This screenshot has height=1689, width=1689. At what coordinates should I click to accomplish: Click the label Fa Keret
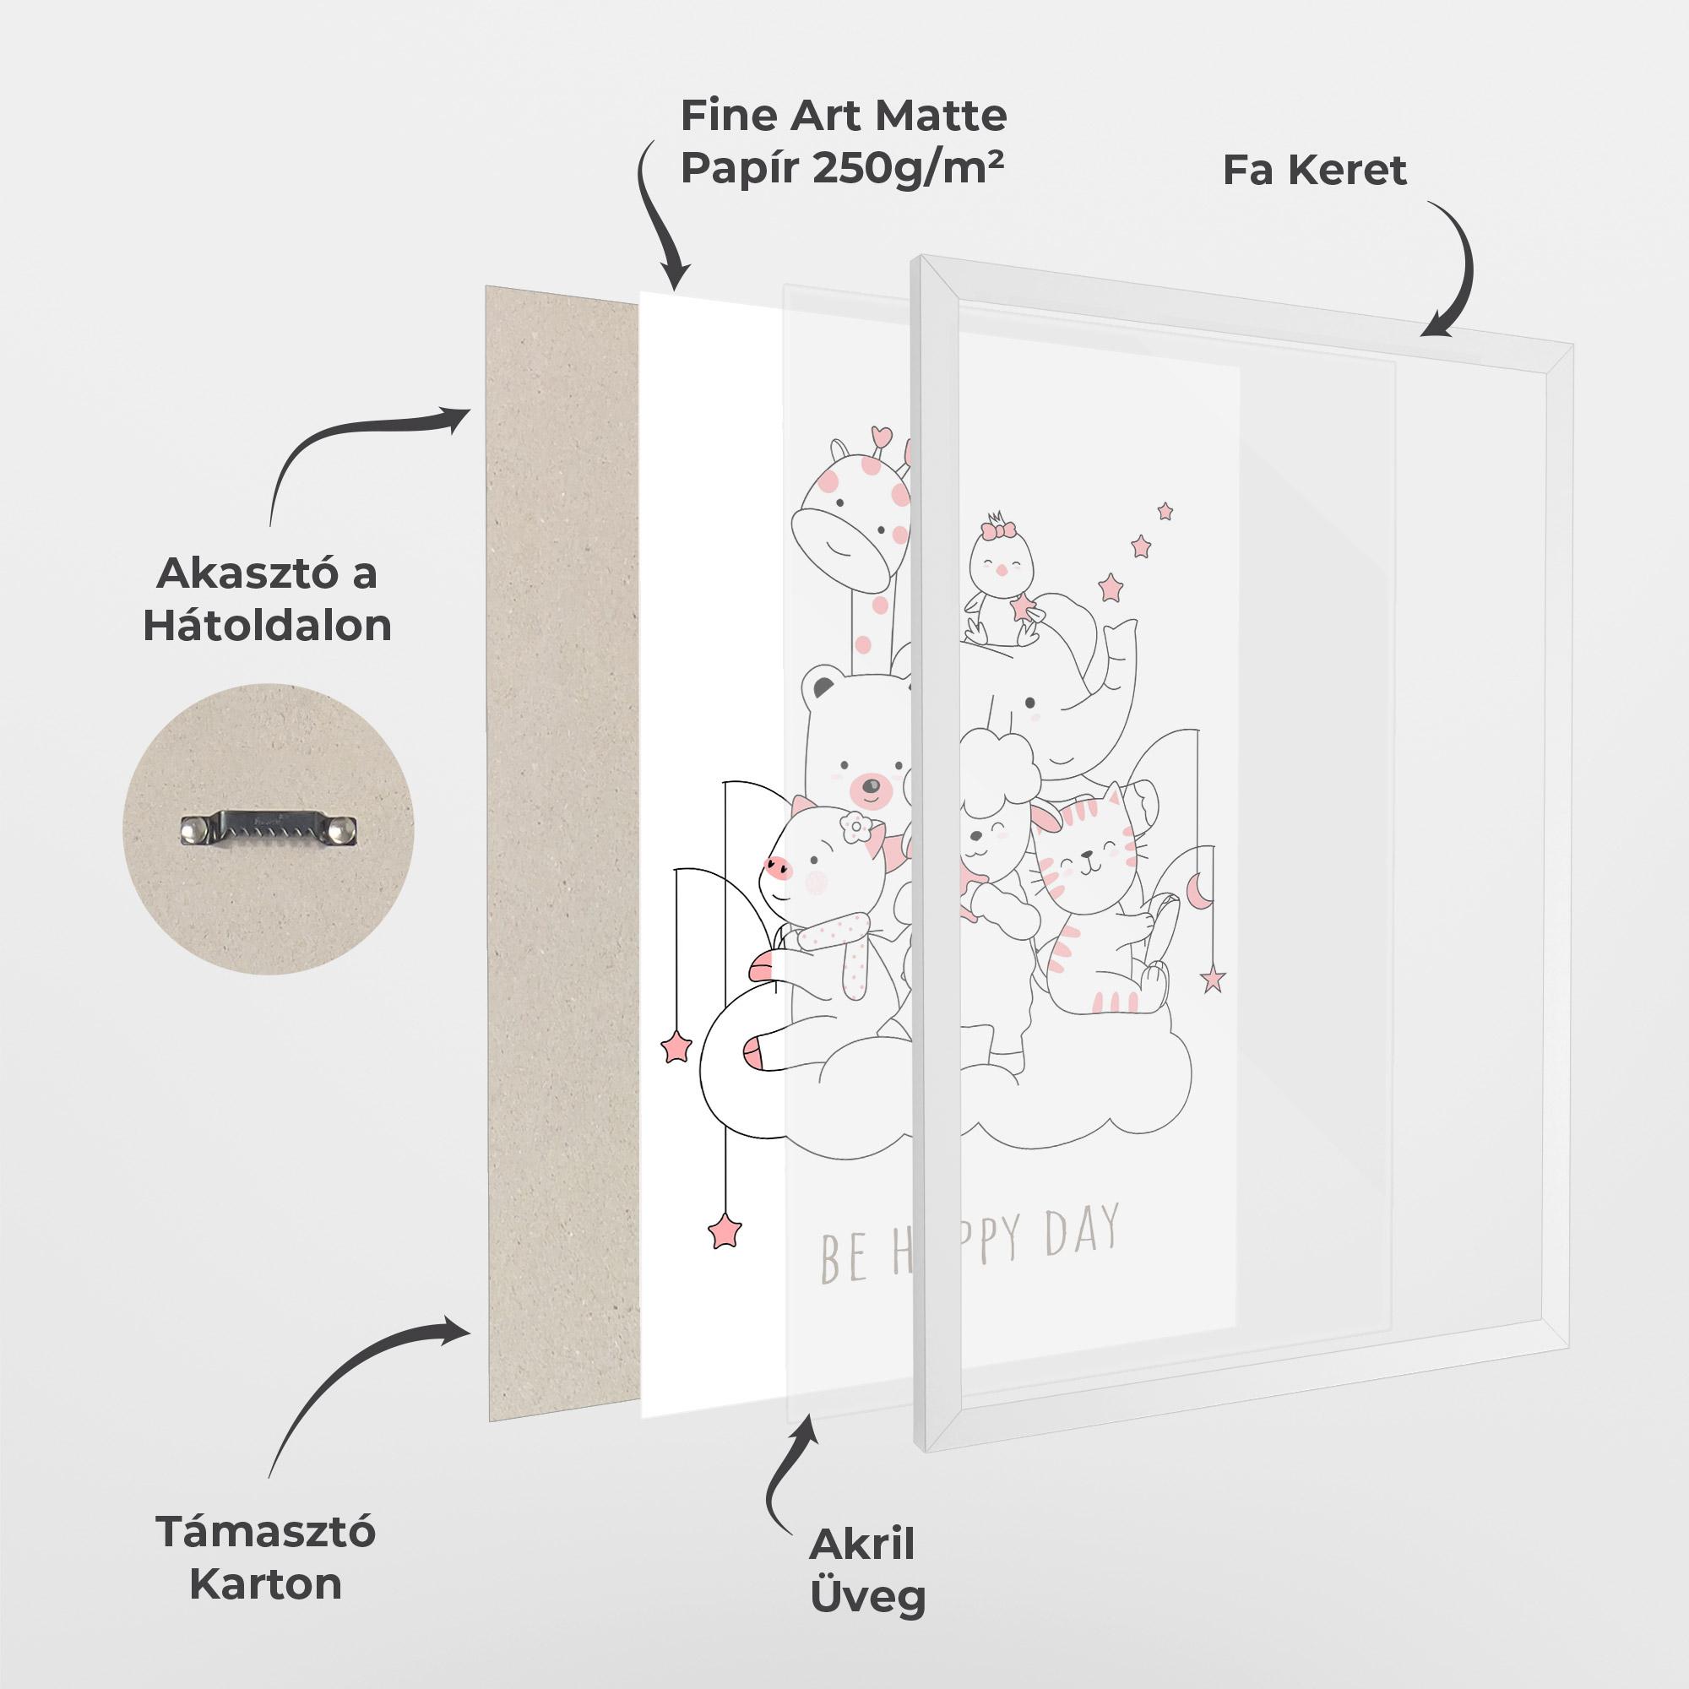(x=1314, y=170)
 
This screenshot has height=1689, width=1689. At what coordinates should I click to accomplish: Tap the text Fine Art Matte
(x=844, y=115)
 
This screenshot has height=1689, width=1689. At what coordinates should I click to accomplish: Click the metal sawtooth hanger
(x=270, y=827)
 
